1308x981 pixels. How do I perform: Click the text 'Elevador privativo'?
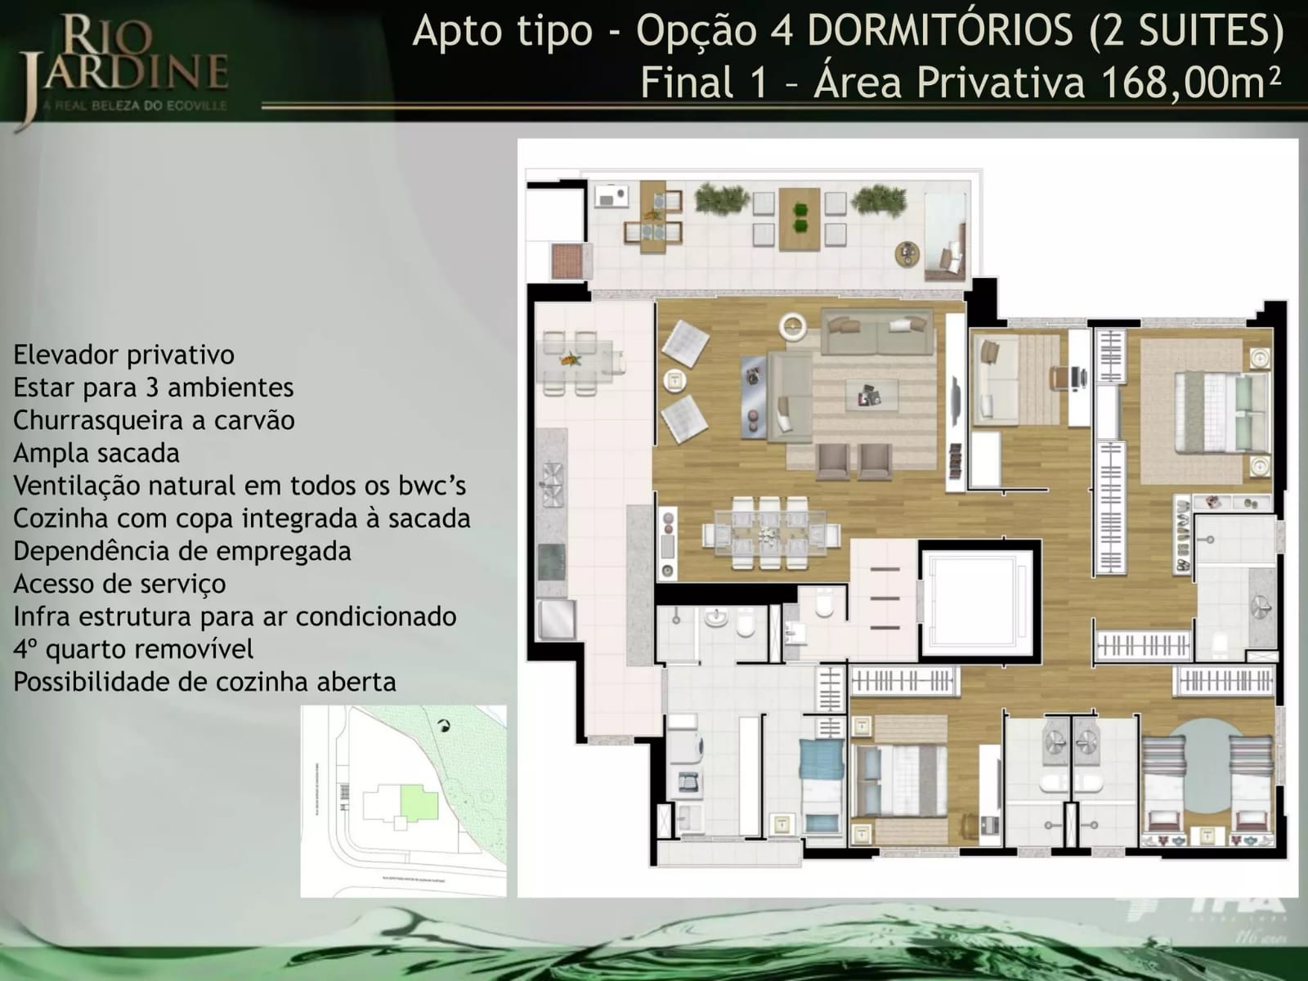pos(123,355)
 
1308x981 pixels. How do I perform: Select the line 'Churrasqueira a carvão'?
pos(154,420)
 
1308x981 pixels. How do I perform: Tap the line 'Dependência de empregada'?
pos(182,551)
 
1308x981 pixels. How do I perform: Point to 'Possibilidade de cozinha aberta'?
pos(204,682)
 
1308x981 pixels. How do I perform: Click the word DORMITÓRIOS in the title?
pos(940,31)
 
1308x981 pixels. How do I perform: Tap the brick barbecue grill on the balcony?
pos(567,261)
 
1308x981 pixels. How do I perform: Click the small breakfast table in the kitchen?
pos(576,363)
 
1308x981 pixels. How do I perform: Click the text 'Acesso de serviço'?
pos(119,584)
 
